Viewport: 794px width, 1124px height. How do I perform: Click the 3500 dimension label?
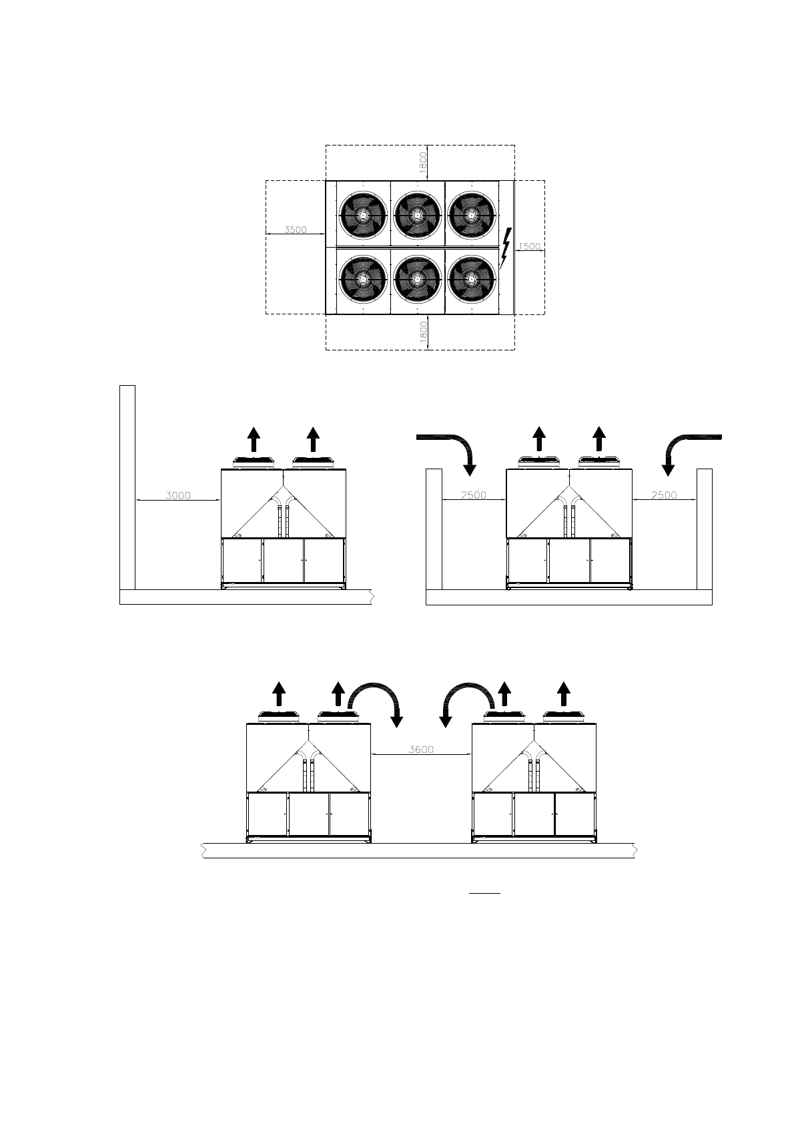pyautogui.click(x=296, y=230)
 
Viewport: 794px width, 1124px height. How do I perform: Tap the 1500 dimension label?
pyautogui.click(x=529, y=246)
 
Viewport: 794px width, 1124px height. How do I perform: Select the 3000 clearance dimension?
pyautogui.click(x=178, y=495)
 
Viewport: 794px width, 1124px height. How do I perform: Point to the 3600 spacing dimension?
pyautogui.click(x=421, y=749)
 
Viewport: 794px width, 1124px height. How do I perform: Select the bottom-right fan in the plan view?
pyautogui.click(x=472, y=279)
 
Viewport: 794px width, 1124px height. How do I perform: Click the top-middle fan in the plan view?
pyautogui.click(x=418, y=214)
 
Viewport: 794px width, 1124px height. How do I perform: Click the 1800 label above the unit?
pyautogui.click(x=423, y=163)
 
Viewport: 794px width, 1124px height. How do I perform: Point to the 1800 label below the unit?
pyautogui.click(x=423, y=332)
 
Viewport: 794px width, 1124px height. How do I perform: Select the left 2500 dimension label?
pyautogui.click(x=474, y=495)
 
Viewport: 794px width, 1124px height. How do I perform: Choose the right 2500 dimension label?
pyautogui.click(x=664, y=495)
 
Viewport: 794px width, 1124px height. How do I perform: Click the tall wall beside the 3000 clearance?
pyautogui.click(x=127, y=487)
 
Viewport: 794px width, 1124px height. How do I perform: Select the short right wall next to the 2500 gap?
pyautogui.click(x=705, y=529)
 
